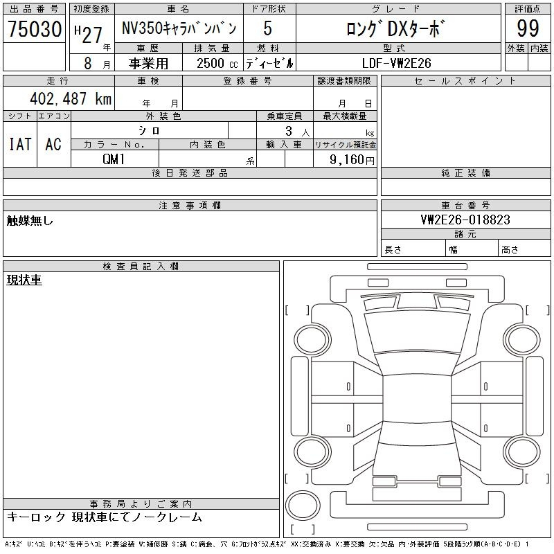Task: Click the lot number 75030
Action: (35, 29)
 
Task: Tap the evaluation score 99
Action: (528, 28)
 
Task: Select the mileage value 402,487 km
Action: (71, 98)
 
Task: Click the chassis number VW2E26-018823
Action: (465, 220)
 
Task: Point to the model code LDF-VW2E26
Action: (396, 63)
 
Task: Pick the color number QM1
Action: (114, 159)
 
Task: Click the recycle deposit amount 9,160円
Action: (352, 160)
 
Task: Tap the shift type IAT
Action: (20, 144)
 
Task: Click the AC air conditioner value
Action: (53, 144)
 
